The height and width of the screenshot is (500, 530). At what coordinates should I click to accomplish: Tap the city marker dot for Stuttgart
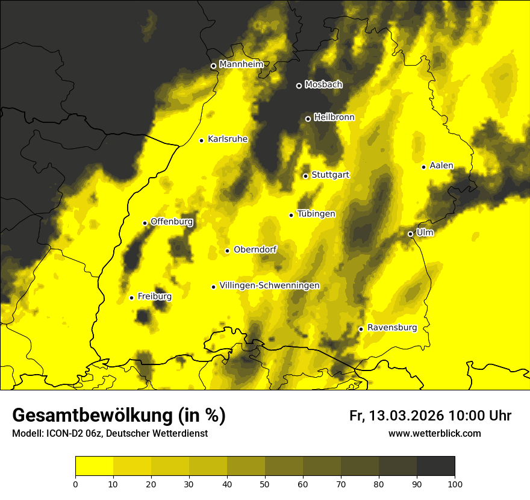point(305,176)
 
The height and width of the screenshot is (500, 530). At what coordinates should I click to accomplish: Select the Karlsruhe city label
point(228,139)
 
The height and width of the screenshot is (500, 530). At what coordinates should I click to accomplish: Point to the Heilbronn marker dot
point(308,119)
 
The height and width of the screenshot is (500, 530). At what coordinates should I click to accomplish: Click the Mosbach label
point(323,85)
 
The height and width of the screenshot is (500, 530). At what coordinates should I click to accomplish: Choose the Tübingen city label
point(316,214)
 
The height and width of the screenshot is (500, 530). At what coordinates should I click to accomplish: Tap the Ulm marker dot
point(410,234)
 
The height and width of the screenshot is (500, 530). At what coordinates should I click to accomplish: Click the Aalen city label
point(441,166)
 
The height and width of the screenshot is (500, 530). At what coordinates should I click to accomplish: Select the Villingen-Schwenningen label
point(269,286)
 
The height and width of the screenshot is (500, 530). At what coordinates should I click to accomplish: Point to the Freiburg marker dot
point(131,298)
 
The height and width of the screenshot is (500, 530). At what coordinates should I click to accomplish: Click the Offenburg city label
point(172,222)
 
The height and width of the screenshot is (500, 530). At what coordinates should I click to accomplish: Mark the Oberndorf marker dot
point(227,251)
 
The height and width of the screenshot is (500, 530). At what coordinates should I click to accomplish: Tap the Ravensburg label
point(392,328)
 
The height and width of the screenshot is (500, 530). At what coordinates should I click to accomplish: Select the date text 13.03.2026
point(405,416)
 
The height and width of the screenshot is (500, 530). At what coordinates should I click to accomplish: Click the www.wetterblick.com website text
point(434,433)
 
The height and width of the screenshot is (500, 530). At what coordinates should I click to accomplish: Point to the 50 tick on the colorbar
point(265,476)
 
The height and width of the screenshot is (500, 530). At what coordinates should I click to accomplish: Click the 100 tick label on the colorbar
point(455,484)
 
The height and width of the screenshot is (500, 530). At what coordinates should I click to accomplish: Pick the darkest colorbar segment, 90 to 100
point(435,466)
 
